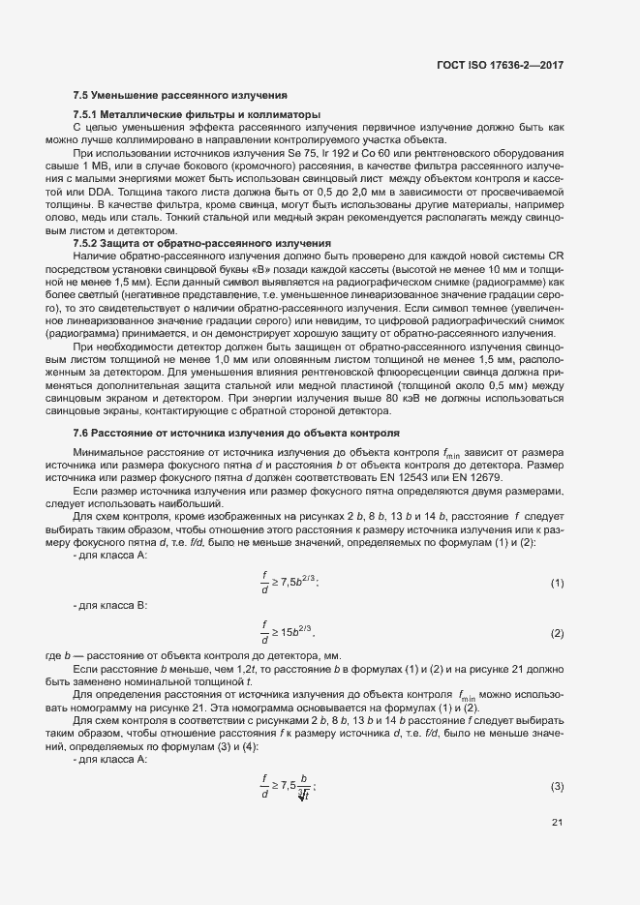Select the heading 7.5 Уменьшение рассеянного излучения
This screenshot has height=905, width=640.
[x=180, y=96]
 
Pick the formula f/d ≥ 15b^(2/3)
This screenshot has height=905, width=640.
[x=290, y=633]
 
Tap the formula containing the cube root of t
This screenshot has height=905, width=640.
[x=290, y=760]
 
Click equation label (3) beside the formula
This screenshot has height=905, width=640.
[x=557, y=760]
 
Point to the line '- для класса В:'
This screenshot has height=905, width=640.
[x=109, y=605]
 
